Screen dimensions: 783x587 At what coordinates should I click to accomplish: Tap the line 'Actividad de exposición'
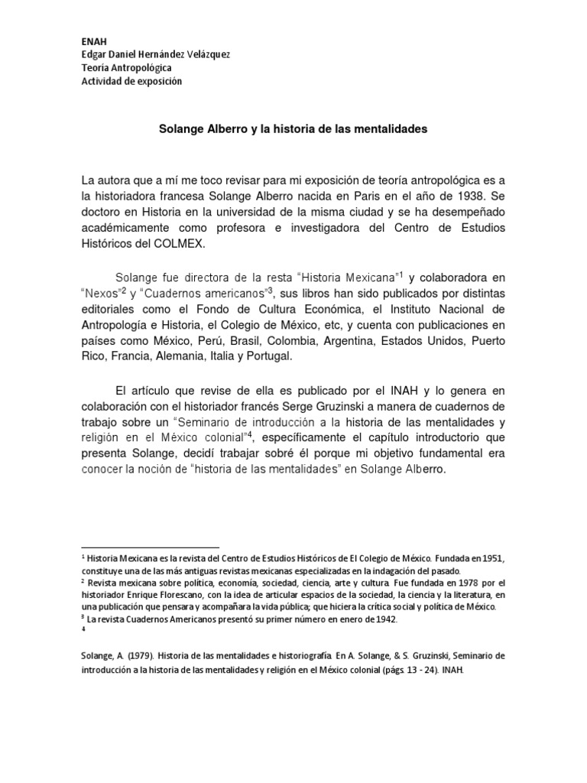point(131,82)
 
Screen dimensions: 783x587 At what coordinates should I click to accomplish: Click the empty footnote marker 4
point(83,631)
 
